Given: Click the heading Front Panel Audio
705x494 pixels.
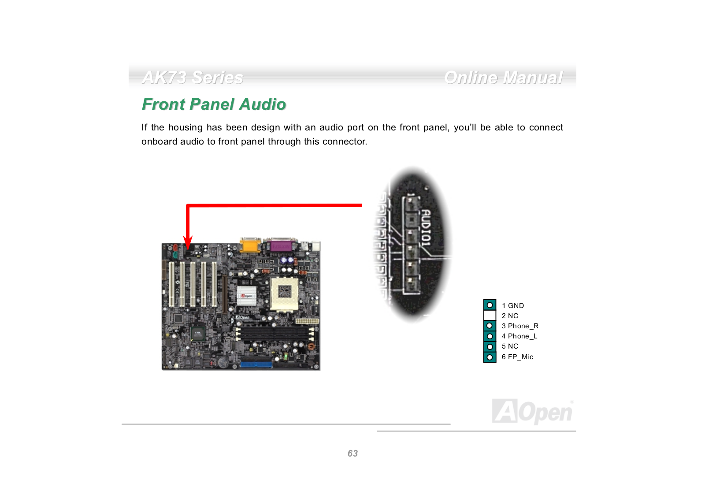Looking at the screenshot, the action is point(214,104).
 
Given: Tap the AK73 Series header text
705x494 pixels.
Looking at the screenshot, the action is point(193,78).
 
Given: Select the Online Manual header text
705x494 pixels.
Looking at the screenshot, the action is point(503,78).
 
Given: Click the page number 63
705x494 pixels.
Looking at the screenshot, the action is point(352,453).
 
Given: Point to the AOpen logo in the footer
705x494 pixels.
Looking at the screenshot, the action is point(532,412).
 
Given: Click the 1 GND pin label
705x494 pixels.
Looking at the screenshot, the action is point(512,305).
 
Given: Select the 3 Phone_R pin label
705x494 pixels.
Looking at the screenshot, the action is point(520,326).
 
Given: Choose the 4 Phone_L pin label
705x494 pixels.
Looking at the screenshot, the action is point(519,336).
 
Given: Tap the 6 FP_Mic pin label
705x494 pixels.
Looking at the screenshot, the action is point(517,357).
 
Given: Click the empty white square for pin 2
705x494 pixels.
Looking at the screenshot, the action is point(490,316).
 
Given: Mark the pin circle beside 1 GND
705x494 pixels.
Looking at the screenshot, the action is point(490,305).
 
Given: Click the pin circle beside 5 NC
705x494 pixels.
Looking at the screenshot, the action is point(490,347).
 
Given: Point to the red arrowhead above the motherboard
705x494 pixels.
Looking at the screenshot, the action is point(188,243).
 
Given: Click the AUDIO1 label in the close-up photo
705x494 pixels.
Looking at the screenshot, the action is point(425,227).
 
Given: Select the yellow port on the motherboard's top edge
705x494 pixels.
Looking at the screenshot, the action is point(249,245).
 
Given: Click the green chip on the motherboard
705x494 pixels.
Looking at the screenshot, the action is point(198,334).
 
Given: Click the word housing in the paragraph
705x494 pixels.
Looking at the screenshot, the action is point(185,127).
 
